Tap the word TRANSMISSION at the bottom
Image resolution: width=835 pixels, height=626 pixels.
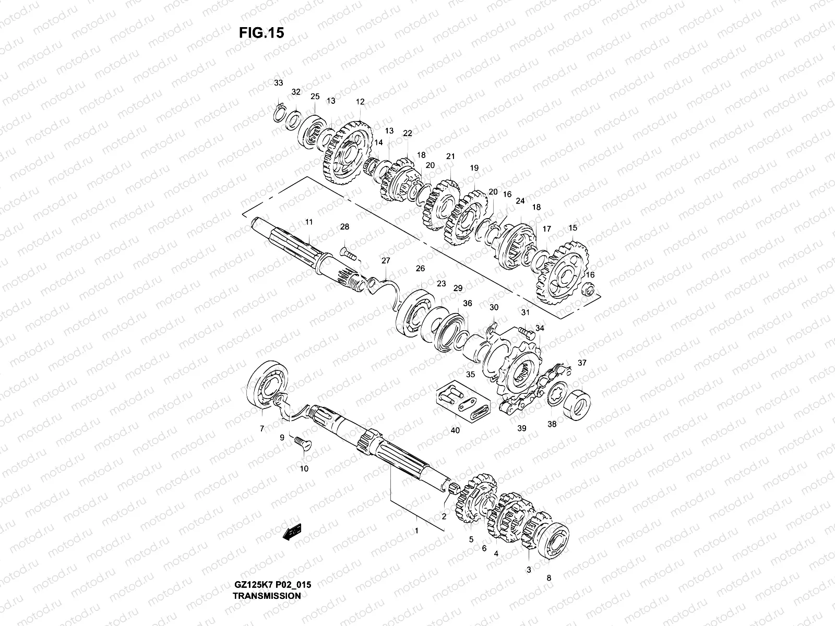point(267,595)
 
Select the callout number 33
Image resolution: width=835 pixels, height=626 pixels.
point(279,83)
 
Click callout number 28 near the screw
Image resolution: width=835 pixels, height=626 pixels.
point(344,227)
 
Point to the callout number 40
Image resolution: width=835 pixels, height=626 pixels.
point(455,430)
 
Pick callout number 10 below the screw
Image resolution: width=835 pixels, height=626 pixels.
point(304,468)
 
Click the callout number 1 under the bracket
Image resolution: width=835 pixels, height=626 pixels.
point(416,531)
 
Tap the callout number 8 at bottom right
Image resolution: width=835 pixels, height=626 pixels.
point(548,577)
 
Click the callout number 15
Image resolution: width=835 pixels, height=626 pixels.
point(573,228)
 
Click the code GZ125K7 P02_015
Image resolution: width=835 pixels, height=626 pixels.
point(272,585)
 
